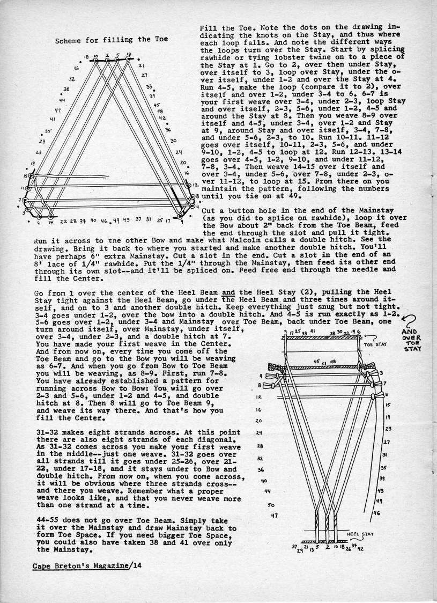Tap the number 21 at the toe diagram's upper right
140,66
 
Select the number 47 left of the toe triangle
57,110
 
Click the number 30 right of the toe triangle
173,141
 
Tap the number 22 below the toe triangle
64,221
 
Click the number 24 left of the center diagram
258,433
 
